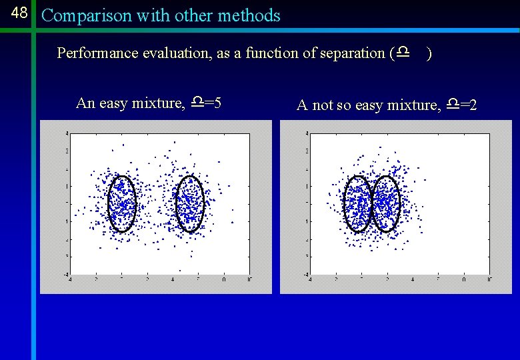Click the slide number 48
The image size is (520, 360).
pos(19,13)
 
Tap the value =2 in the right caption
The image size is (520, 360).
pos(468,105)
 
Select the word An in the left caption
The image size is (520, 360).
pos(85,103)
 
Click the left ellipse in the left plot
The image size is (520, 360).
pos(122,203)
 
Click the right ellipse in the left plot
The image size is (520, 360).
pos(189,203)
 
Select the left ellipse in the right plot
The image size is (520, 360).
pos(357,203)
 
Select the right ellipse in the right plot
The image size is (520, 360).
pos(385,203)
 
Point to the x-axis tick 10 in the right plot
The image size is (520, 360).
pos(489,279)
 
